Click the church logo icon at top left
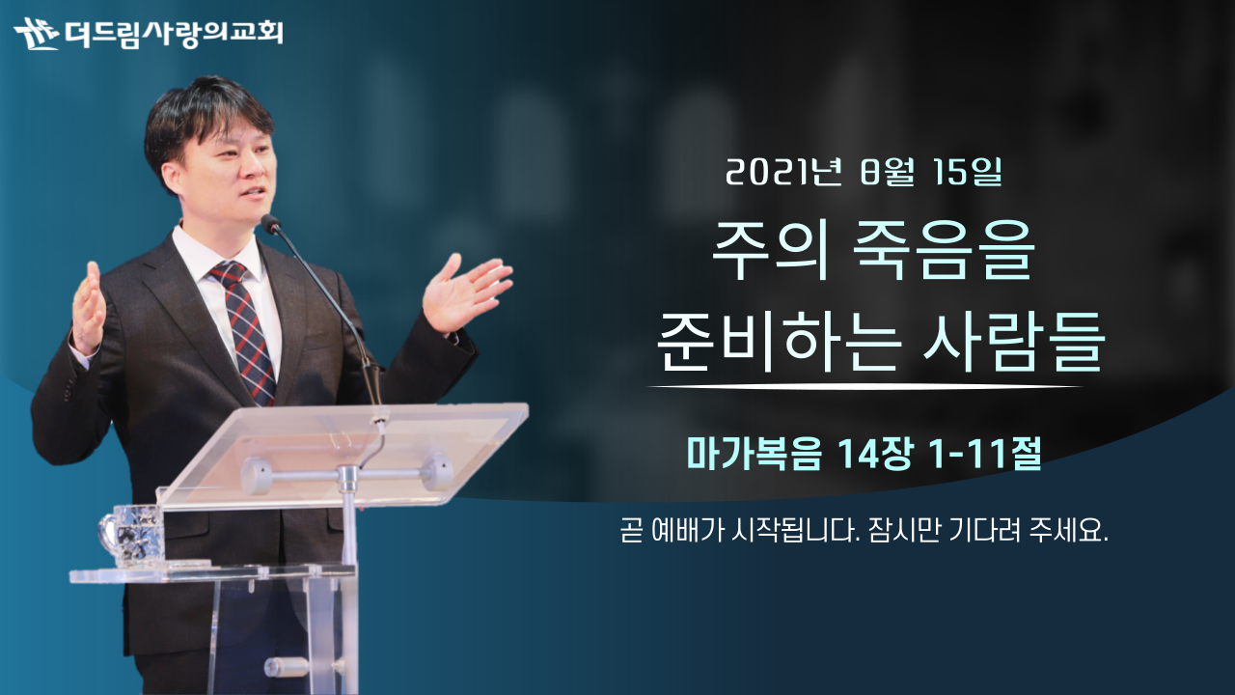click(37, 34)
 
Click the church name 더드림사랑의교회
click(174, 34)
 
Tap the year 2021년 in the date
click(783, 172)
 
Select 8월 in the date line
click(887, 172)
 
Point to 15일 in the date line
click(967, 172)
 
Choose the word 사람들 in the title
click(1013, 342)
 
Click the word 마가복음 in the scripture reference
click(755, 454)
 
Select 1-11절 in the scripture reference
click(985, 454)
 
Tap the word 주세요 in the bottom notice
click(1068, 531)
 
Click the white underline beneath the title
click(864, 387)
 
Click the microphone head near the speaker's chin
click(271, 223)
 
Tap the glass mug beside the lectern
click(133, 535)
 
